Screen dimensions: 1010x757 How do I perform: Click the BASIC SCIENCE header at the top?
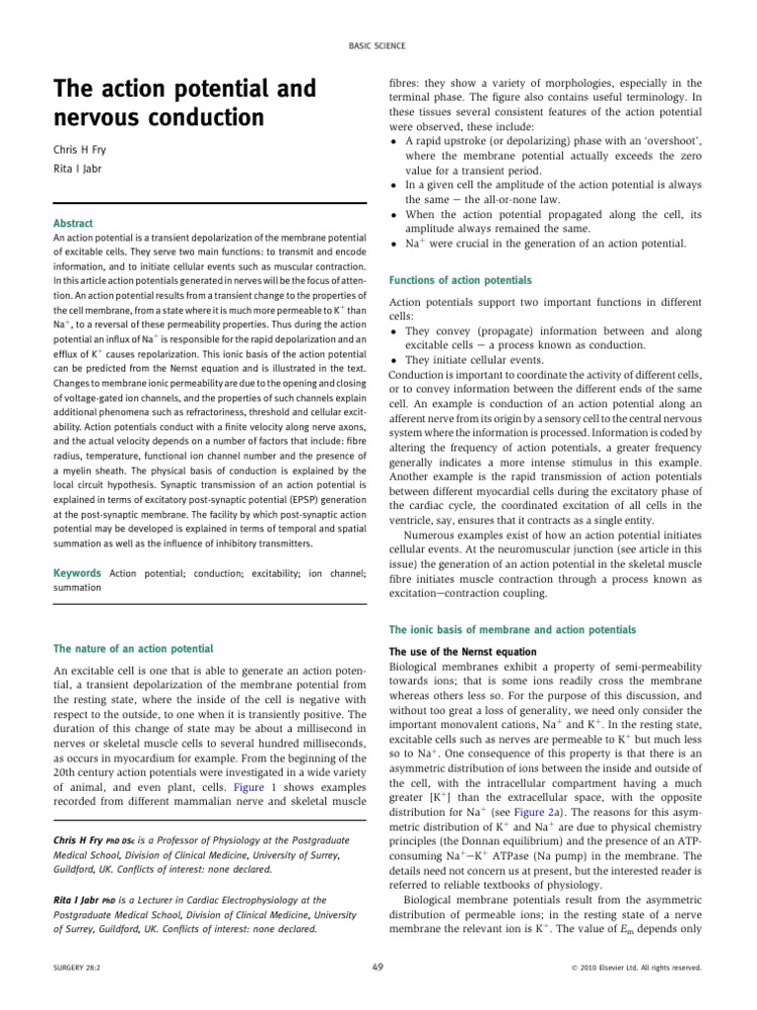[378, 45]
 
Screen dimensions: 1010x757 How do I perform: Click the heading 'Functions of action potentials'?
[460, 280]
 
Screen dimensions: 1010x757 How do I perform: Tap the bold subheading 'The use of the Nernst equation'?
[449, 652]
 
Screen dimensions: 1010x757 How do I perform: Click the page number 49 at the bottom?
[378, 968]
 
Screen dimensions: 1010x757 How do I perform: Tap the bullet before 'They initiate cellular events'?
[394, 359]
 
